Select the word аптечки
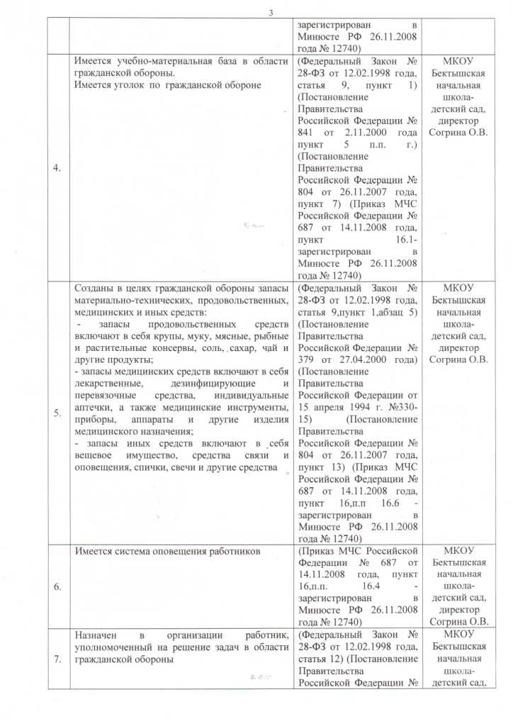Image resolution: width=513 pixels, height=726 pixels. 95,408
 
